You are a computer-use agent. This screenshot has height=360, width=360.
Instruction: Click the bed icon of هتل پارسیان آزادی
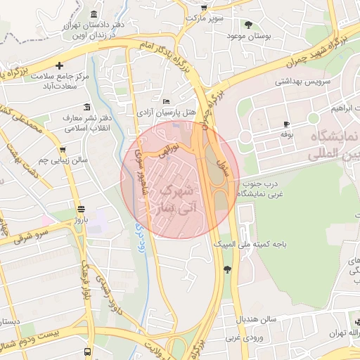click(165, 101)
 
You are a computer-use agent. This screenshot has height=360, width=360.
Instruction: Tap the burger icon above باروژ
click(81, 209)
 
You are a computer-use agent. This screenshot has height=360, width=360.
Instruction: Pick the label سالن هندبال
click(258, 319)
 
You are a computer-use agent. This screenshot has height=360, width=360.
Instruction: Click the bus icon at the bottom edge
click(87, 351)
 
